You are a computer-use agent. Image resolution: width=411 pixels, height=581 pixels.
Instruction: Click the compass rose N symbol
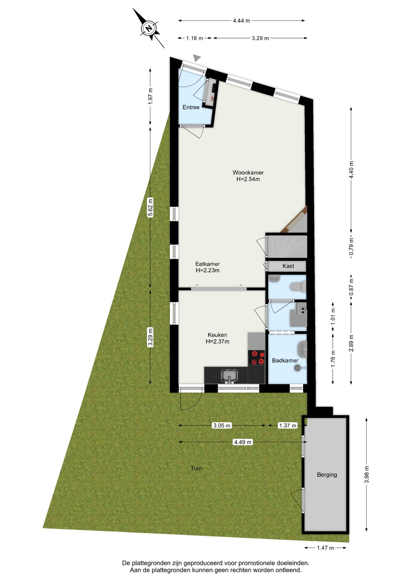point(149,28)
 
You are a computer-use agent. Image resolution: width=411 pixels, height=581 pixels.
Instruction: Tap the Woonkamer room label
point(248,176)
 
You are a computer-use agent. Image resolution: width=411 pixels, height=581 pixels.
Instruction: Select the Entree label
point(191,107)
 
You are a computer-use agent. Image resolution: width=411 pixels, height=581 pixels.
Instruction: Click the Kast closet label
point(288,266)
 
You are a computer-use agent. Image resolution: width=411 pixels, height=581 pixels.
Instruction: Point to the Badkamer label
point(285,360)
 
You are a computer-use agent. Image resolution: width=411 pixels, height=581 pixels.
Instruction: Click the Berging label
point(327,474)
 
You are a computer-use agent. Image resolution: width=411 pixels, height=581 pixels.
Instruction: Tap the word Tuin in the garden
point(196,468)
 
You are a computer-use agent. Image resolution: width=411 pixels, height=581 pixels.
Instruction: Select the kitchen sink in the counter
point(229,376)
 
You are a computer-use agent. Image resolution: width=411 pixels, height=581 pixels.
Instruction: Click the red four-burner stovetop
point(256,357)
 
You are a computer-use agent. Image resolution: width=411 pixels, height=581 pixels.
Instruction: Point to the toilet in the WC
point(298,287)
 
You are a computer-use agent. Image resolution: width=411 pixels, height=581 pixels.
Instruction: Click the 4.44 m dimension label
point(241,21)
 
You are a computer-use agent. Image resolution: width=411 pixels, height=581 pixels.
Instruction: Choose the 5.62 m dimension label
point(150,207)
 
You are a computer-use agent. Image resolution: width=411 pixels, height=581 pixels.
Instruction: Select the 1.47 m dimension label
point(325,548)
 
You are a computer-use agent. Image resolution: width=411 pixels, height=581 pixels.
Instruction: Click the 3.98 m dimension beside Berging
point(367,474)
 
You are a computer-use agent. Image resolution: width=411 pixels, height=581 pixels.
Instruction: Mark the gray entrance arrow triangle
point(197,58)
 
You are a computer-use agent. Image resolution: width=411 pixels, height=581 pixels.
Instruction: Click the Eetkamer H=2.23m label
point(207,267)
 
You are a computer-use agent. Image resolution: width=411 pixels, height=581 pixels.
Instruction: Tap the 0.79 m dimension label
point(351,247)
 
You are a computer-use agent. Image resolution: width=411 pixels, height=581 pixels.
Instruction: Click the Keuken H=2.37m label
point(217,338)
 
